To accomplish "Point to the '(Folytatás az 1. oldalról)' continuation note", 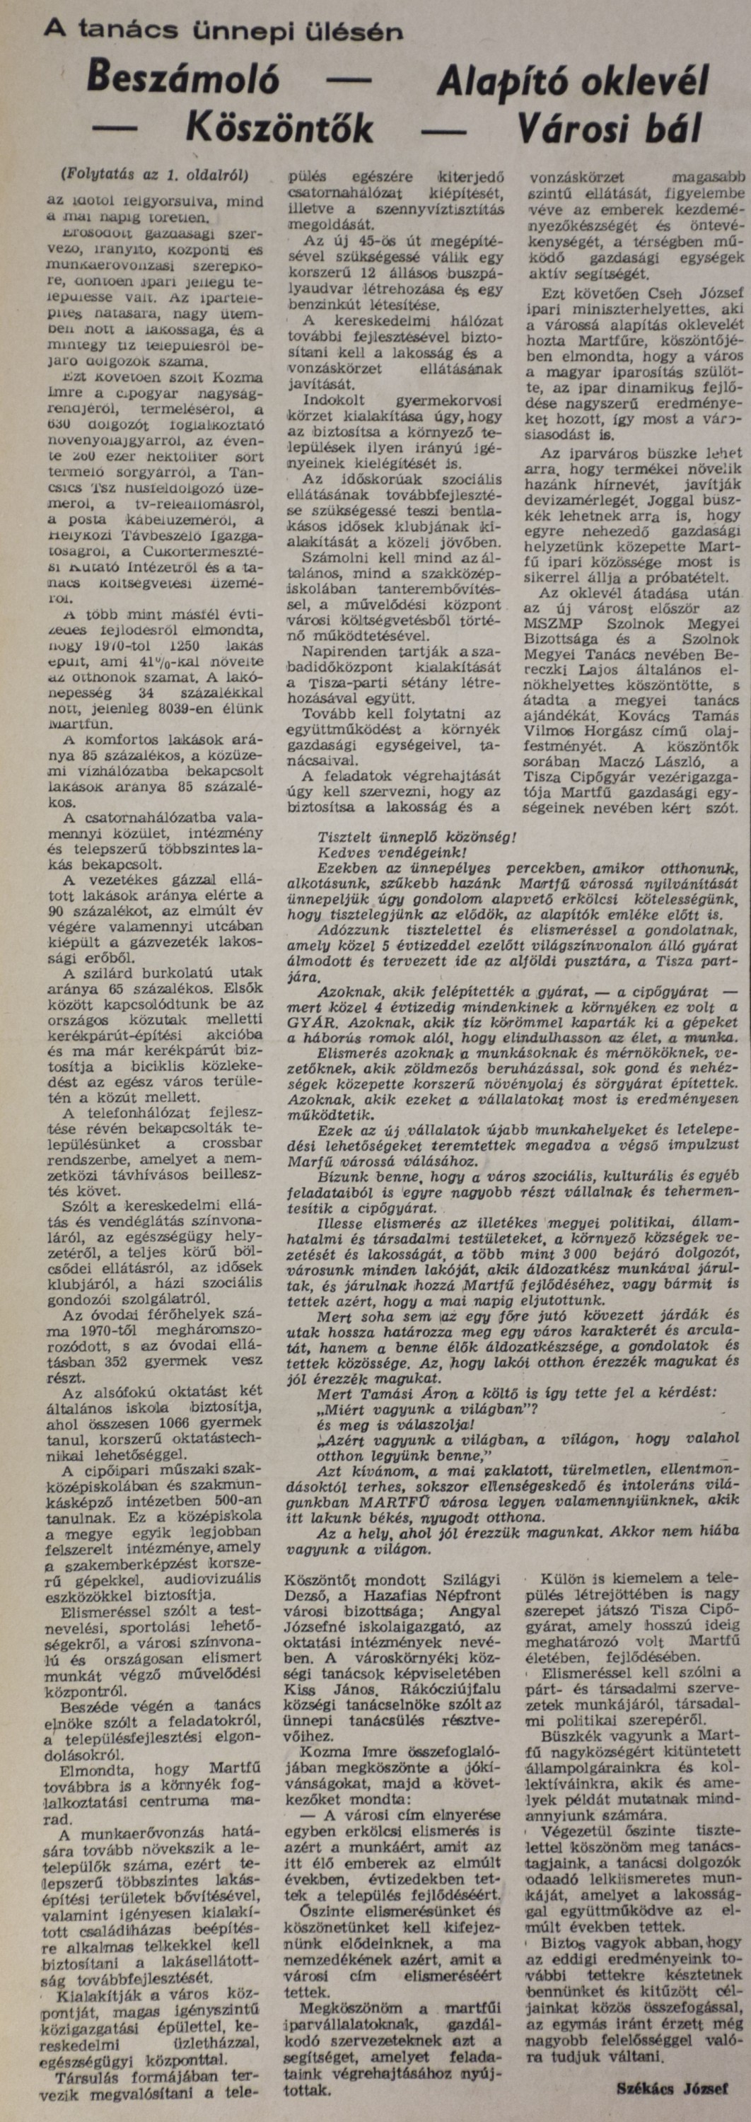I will pos(154,175).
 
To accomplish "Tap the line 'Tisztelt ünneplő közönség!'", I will pos(417,835).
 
